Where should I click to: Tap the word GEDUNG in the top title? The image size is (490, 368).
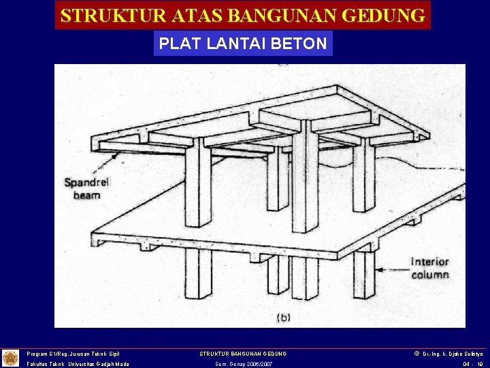pos(386,15)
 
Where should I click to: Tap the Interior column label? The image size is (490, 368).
pos(430,268)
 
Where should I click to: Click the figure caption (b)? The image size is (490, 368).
pos(284,317)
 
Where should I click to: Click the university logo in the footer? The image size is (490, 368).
pos(10,358)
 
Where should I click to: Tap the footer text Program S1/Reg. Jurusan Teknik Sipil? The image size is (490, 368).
pos(73,354)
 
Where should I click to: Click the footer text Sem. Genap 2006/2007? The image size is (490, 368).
pos(243,364)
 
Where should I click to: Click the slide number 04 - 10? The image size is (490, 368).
pos(472,364)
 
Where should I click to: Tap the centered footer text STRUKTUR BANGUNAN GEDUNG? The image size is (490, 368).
pos(243,354)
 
